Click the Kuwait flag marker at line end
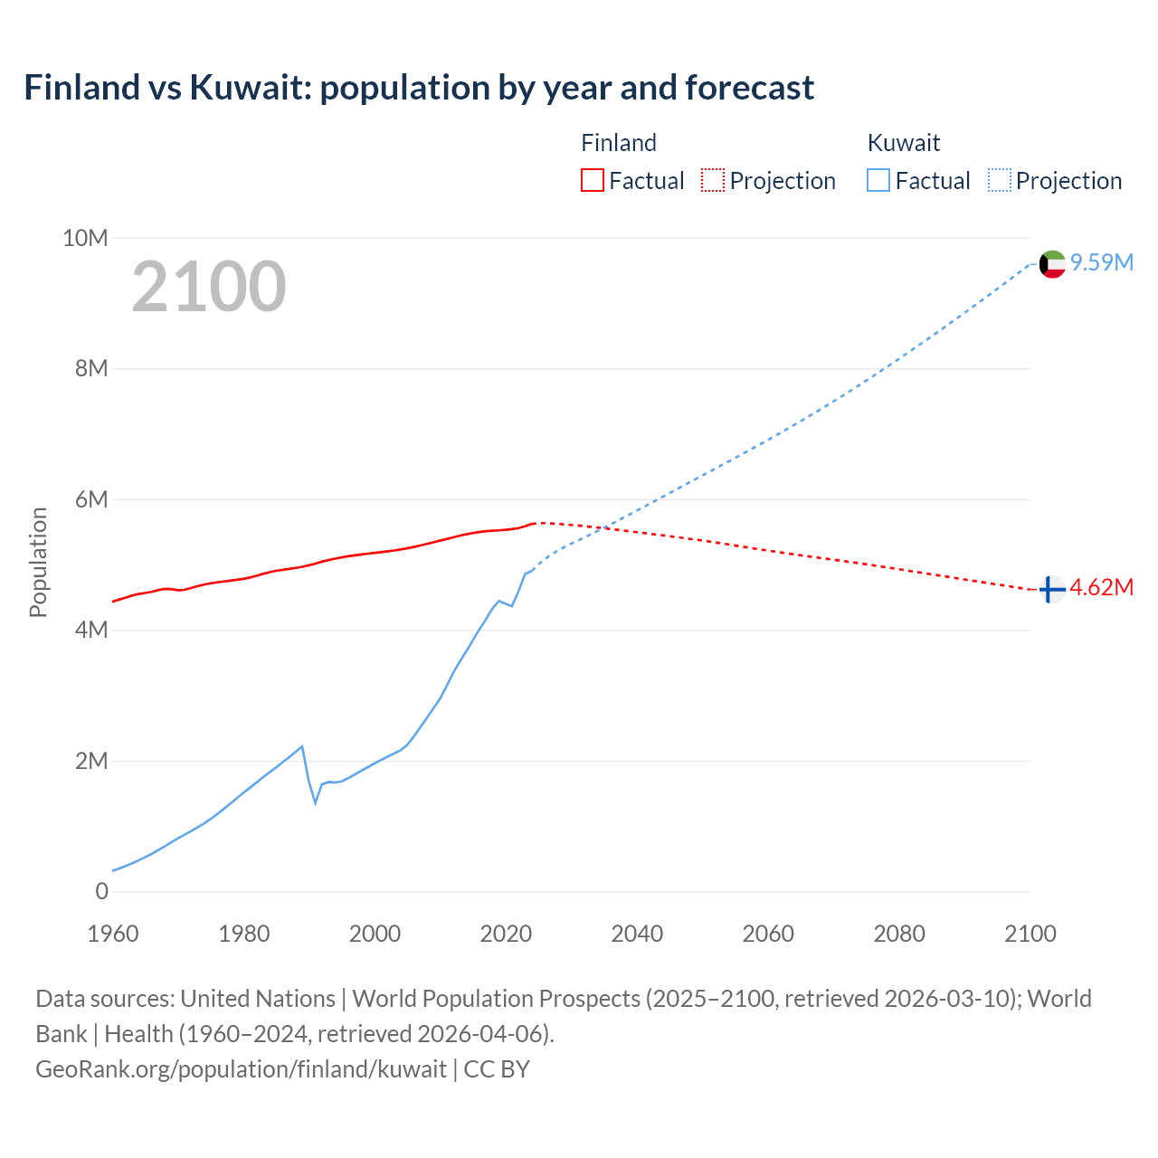pos(1052,264)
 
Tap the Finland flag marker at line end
pos(1050,590)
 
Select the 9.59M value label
pos(1102,262)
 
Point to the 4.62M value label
pos(1102,587)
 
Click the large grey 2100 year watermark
pos(209,287)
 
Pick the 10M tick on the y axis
pos(85,238)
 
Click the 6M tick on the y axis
pos(91,499)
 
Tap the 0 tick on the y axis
pos(101,891)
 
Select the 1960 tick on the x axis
pos(113,934)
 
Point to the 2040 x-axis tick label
pos(637,934)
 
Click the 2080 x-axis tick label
pos(899,934)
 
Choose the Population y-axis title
pos(38,562)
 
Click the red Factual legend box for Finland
pos(592,180)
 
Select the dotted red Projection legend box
pos(713,180)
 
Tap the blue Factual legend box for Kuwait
pos(878,180)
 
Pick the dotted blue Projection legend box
pos(999,180)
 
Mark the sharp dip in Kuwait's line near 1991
pos(316,802)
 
